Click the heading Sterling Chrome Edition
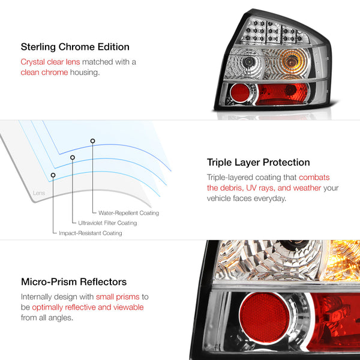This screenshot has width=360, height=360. pos(75,47)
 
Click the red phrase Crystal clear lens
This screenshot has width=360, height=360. pos(50,62)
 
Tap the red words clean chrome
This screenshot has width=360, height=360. pos(44,73)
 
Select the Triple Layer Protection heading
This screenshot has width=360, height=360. pos(258,163)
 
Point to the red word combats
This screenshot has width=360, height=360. pos(314,177)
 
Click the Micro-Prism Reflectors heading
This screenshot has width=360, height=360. pos(74,282)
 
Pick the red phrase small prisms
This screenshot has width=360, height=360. pos(118,297)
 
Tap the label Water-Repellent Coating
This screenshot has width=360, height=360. pos(128,213)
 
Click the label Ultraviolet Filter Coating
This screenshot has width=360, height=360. pos(107,223)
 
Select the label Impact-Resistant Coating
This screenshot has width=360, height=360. pos(91,233)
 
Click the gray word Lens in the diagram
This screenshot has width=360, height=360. pos(39,193)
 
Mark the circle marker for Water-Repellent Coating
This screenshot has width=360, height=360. pos(92,141)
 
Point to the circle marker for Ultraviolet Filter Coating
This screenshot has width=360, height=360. pos(73,157)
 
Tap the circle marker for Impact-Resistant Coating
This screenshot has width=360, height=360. pos(53,175)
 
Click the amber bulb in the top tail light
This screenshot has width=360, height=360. pos(291,62)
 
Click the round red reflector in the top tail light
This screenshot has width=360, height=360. pos(239,92)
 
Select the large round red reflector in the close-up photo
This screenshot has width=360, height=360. pos(264,317)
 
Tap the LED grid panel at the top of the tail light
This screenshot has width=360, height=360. pos(275,32)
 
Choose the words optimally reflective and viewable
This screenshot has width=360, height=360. pos(88,307)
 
